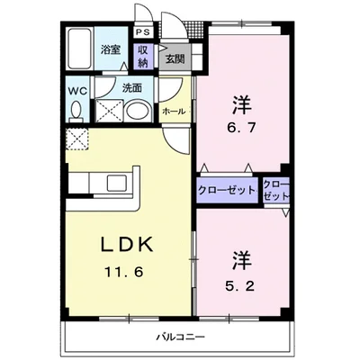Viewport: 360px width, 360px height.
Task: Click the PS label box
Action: [x=143, y=32]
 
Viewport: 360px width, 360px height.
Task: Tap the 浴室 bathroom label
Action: [x=111, y=49]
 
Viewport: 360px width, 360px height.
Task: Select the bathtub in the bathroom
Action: [x=78, y=49]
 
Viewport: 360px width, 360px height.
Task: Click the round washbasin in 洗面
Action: [x=137, y=111]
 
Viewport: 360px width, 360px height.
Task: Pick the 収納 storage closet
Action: [x=143, y=56]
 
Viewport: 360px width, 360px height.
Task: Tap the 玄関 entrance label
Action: [x=175, y=58]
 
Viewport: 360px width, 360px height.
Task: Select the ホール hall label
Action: [x=174, y=112]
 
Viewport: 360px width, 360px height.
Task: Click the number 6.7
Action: [x=241, y=128]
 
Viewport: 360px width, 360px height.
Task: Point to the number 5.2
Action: [x=239, y=285]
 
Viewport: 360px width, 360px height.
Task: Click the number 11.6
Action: [x=123, y=272]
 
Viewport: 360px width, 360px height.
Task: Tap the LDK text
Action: [x=127, y=245]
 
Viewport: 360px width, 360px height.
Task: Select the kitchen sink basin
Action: [x=119, y=184]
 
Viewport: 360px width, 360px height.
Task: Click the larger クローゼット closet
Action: [x=228, y=190]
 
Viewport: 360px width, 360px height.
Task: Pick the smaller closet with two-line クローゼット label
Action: [x=276, y=190]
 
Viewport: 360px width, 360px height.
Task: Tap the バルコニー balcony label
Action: [x=180, y=337]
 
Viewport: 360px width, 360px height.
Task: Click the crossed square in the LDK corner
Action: [x=77, y=139]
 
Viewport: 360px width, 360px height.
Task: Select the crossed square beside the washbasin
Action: [x=109, y=111]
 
